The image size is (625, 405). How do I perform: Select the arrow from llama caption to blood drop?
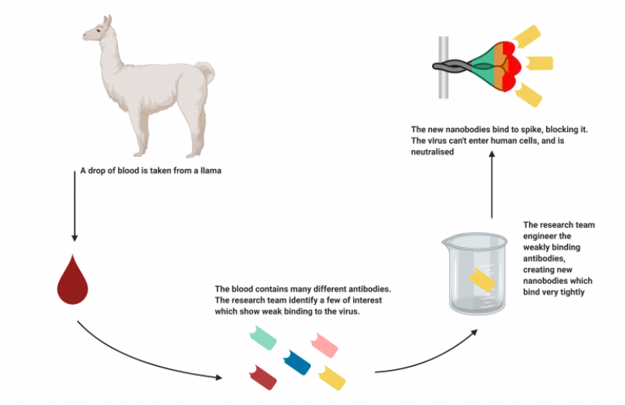(74, 211)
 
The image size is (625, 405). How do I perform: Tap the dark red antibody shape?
(262, 375)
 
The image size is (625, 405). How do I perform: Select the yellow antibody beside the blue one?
(332, 378)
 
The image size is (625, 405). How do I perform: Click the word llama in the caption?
(212, 170)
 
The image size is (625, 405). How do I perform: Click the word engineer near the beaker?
(541, 236)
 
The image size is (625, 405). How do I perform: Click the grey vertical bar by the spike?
(443, 66)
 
